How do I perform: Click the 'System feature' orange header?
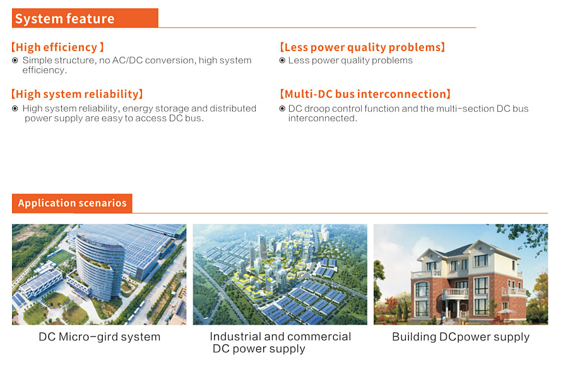click(x=85, y=18)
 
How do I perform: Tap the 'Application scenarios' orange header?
click(x=72, y=203)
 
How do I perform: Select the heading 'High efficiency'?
click(x=57, y=47)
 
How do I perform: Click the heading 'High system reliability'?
click(x=77, y=94)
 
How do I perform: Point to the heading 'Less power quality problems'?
click(x=362, y=47)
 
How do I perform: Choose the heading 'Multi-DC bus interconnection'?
click(x=365, y=94)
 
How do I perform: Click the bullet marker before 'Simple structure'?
click(x=15, y=61)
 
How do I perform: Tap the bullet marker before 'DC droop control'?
click(x=282, y=109)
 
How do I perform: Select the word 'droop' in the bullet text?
click(x=317, y=109)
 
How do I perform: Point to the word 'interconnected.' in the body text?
click(x=323, y=119)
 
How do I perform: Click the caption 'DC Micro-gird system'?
click(x=100, y=337)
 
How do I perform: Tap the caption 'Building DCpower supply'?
click(x=461, y=337)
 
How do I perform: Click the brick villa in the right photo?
click(x=467, y=283)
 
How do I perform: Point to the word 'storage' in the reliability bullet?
click(x=172, y=109)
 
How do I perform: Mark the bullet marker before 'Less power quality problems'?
click(x=282, y=61)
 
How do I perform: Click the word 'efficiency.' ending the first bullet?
click(x=45, y=70)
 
